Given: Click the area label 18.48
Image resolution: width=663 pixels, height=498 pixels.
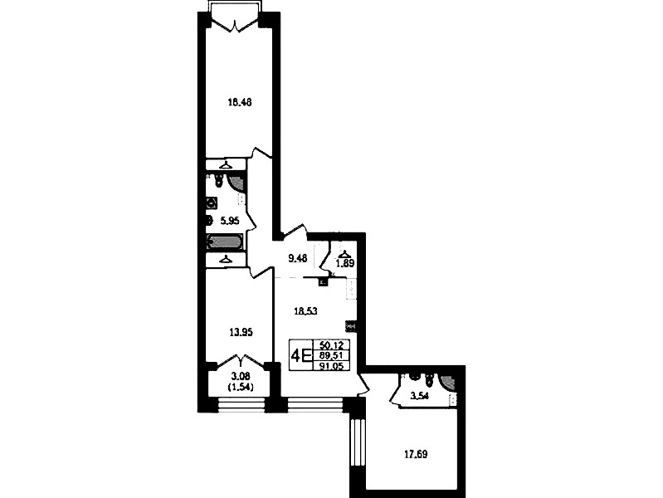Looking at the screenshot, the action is point(240,102).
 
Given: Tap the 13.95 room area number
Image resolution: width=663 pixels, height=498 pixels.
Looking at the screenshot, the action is point(241,333).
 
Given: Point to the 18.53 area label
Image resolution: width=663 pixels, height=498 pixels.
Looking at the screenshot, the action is point(305,311).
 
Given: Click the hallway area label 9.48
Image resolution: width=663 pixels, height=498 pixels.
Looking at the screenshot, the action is point(298,258).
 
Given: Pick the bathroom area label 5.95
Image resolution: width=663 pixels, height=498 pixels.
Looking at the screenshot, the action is point(230,221).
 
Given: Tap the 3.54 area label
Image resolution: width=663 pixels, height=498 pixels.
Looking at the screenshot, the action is point(420,397).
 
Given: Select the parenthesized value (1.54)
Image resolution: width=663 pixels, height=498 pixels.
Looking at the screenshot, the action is point(241,387).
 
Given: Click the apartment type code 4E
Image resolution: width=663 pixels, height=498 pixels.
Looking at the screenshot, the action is point(301,355).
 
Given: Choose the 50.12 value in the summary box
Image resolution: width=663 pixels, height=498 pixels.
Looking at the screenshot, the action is point(332,345).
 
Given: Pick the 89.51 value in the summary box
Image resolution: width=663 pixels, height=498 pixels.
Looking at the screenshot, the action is point(332,355).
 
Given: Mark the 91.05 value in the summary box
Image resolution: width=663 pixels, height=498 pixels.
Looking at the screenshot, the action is point(332,365).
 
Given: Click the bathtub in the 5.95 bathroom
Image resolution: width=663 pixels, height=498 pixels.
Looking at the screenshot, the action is point(225,242).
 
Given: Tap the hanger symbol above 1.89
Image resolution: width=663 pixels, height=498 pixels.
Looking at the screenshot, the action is point(345,254).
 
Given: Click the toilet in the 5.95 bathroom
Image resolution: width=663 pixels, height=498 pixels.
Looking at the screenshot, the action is point(218,180).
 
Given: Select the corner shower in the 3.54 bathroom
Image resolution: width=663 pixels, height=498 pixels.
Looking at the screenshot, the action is point(448,382).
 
